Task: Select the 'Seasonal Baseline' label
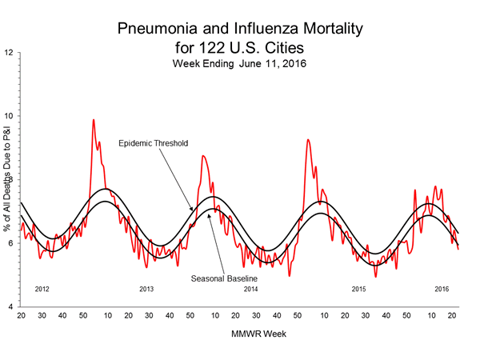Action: click(224, 278)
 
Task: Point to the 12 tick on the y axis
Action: click(10, 53)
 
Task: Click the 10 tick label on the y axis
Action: click(10, 117)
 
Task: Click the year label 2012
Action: click(45, 288)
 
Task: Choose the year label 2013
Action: click(146, 288)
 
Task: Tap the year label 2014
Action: click(250, 288)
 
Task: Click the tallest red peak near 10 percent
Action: click(94, 121)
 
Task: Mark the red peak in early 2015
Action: click(308, 141)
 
